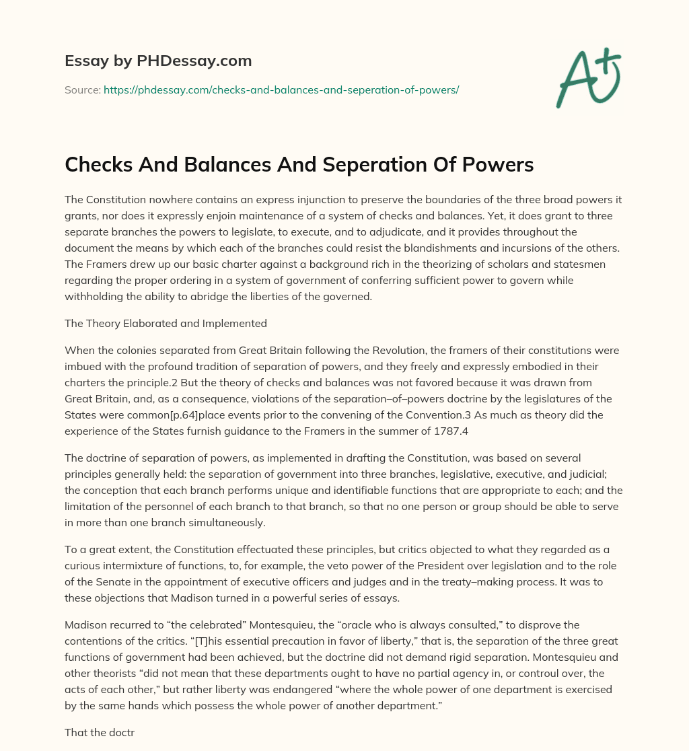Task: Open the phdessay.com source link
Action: pos(281,90)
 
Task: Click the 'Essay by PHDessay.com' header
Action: pos(158,61)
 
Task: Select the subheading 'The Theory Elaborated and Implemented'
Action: pos(166,323)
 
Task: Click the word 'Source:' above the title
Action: pos(82,90)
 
